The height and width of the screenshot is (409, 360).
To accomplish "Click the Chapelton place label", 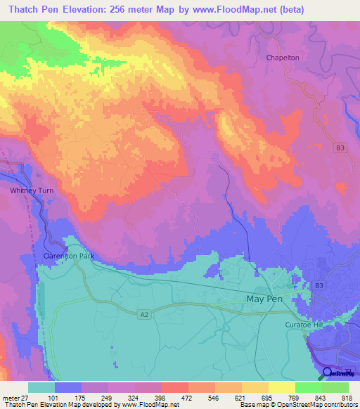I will (x=283, y=58).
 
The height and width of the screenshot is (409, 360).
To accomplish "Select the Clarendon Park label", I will (x=68, y=256).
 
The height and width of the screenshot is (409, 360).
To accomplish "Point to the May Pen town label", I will (x=266, y=299).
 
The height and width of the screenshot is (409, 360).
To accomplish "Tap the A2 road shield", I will (x=143, y=316).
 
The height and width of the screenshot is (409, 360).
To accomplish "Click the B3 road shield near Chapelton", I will (x=340, y=148).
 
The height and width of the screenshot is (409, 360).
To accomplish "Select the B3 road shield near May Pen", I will (x=319, y=285).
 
